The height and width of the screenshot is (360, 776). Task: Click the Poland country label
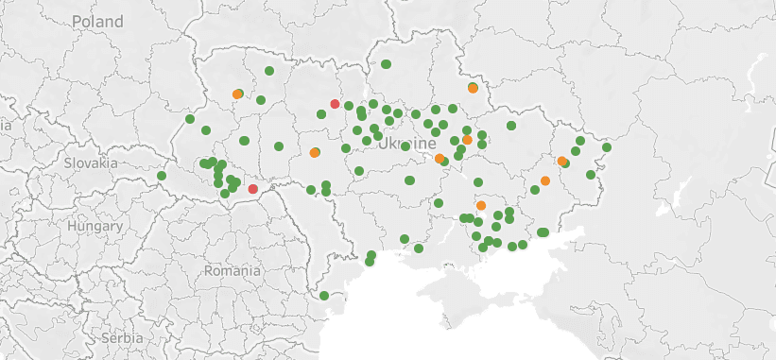[96, 21]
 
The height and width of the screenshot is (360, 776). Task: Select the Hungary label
[95, 227]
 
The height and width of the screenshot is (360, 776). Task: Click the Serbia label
[123, 337]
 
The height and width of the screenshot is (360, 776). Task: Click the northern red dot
[335, 104]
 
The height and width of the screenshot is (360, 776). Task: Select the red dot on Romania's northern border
[252, 189]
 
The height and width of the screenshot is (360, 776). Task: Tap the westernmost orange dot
[237, 94]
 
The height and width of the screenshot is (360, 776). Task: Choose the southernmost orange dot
[481, 205]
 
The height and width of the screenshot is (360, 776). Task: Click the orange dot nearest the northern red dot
[315, 153]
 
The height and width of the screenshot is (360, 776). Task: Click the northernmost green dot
[386, 64]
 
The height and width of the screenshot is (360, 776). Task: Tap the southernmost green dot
[324, 296]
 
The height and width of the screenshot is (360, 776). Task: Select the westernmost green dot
[162, 176]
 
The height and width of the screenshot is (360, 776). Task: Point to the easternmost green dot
[607, 147]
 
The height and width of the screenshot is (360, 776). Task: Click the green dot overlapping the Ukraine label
[405, 146]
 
